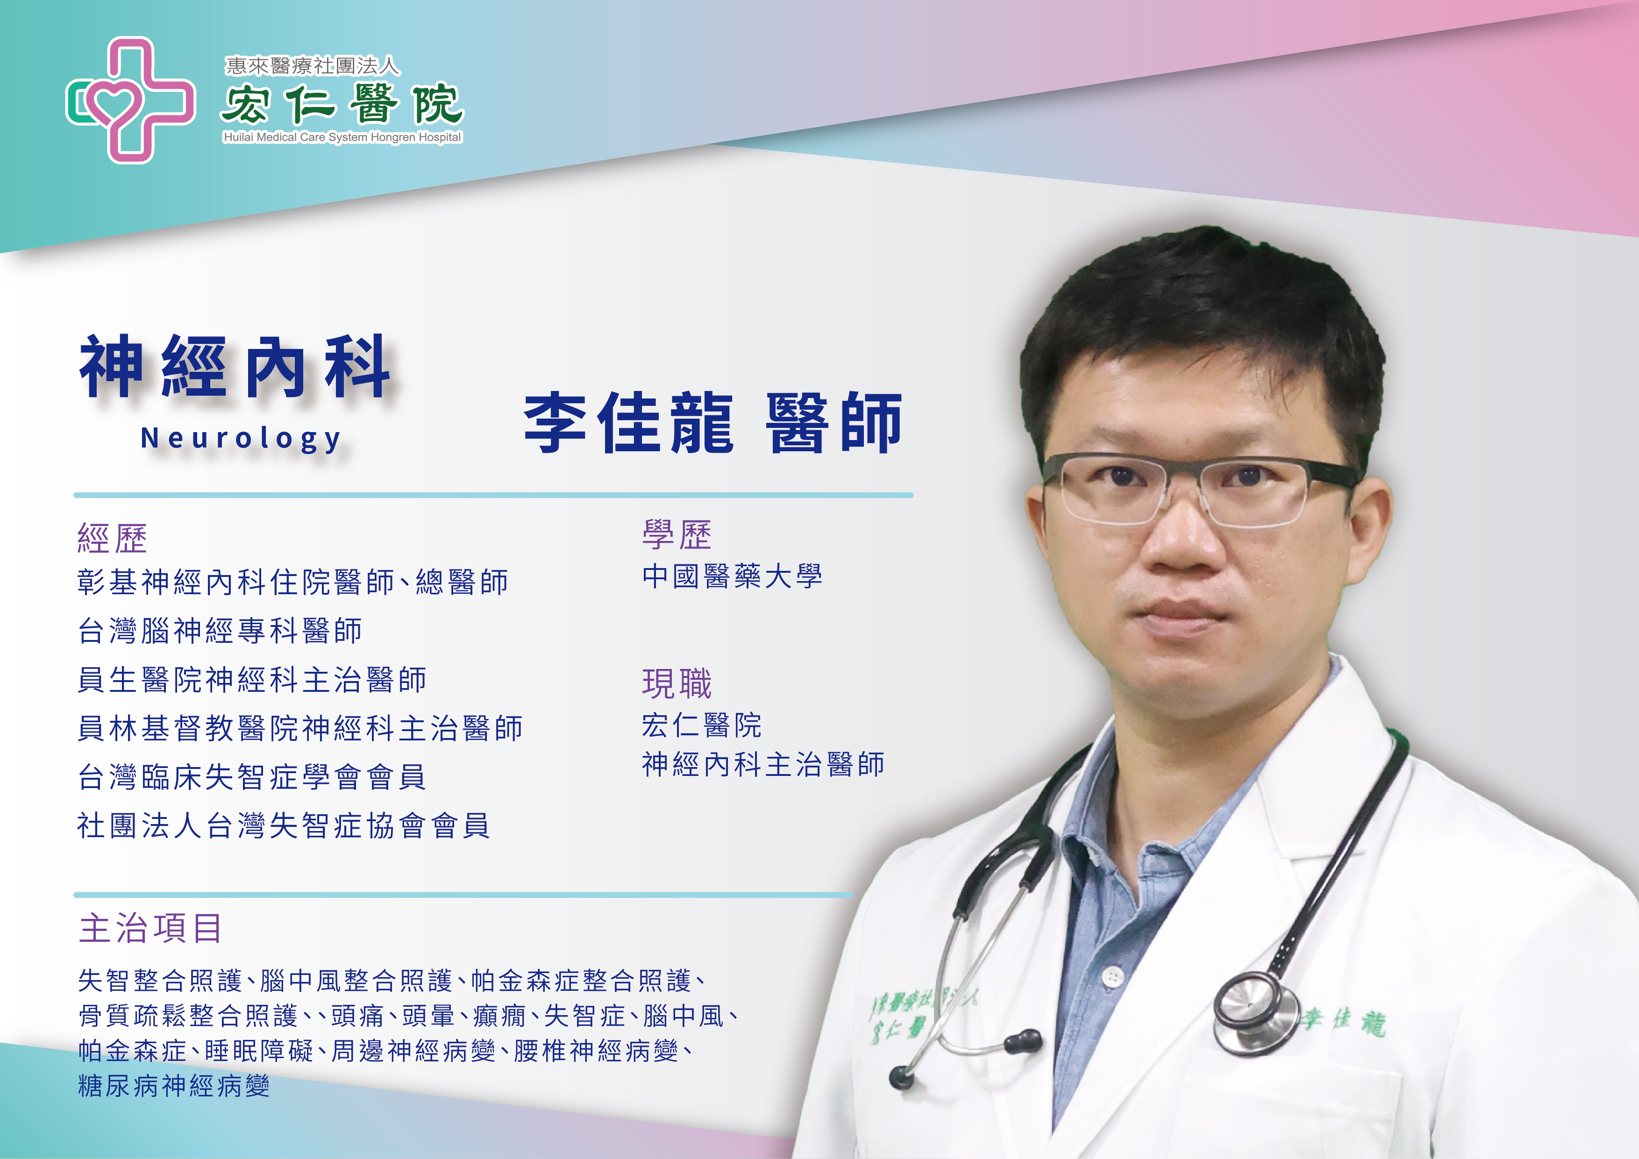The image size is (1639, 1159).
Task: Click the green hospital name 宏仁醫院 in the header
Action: tap(342, 104)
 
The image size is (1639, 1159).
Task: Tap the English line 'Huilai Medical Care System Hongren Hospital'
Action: tap(342, 137)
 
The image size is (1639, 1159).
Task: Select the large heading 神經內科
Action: tap(235, 366)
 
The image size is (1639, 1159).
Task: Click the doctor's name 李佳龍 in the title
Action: tap(629, 423)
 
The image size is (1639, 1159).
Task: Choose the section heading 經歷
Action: tap(112, 538)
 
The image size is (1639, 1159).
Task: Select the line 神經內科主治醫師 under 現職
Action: tap(763, 764)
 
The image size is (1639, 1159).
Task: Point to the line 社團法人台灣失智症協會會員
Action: tap(284, 826)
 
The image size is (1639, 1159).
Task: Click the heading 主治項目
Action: tap(150, 929)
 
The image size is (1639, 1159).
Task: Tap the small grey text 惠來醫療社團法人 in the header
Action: tap(312, 66)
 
